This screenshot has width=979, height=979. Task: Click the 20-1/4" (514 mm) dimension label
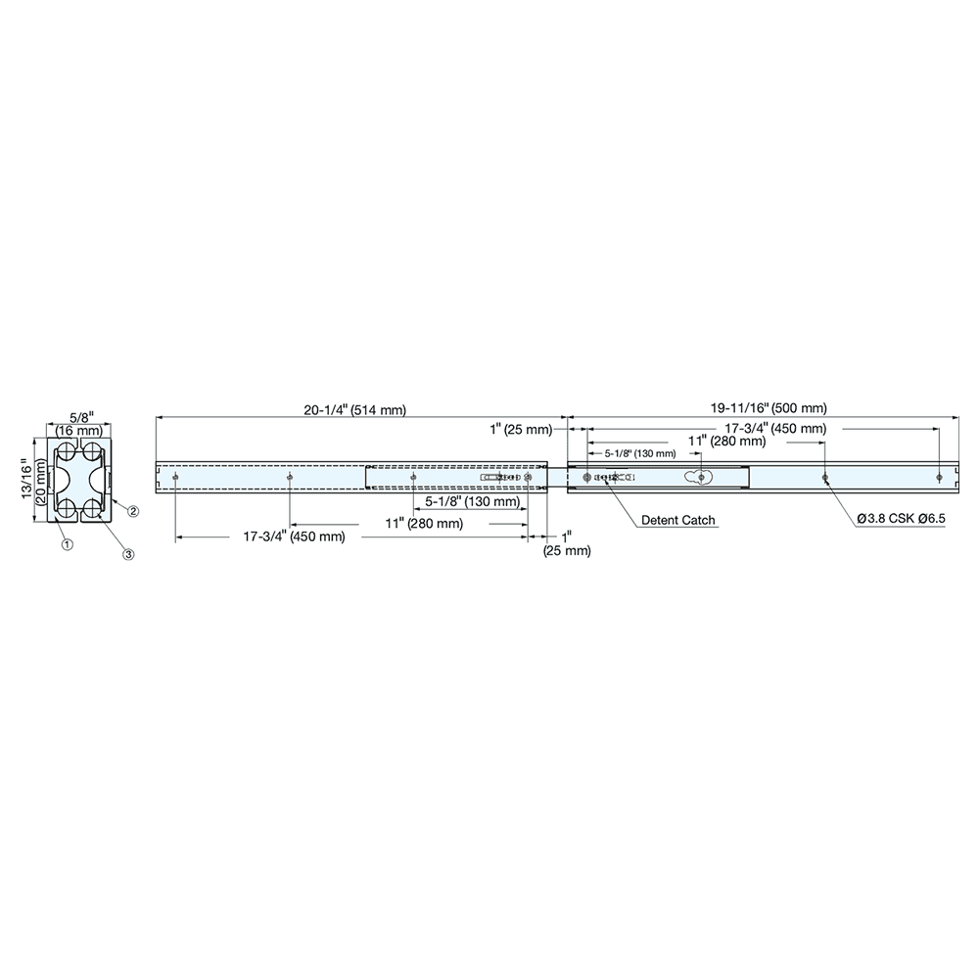[x=353, y=409]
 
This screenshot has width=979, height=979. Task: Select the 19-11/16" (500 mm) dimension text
[x=769, y=406]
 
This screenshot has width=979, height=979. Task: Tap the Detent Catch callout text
[x=678, y=520]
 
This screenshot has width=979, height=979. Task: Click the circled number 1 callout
[x=66, y=543]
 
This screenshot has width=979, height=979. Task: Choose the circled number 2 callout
[x=133, y=512]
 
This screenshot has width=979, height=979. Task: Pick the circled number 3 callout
[x=127, y=554]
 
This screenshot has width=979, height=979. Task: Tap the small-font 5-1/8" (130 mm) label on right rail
[x=639, y=453]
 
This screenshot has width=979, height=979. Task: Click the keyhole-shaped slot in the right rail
[x=702, y=477]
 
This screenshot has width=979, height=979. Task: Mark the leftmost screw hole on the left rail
[x=175, y=478]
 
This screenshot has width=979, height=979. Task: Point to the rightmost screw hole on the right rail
[x=939, y=478]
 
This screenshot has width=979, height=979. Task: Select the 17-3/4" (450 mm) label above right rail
[x=774, y=429]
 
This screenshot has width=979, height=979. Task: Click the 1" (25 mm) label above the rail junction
[x=521, y=429]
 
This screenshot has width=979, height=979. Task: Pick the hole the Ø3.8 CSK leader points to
[x=825, y=478]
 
